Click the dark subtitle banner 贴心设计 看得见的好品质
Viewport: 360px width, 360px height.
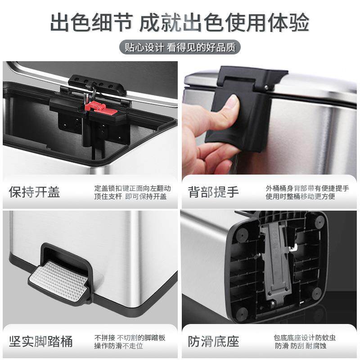[180, 47]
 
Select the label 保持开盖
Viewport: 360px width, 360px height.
[35, 192]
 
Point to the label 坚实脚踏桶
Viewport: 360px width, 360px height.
[41, 341]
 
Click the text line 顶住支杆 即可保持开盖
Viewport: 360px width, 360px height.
[130, 197]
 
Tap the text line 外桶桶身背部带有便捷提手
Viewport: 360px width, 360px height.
[307, 188]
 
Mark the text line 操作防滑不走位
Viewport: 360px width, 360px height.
[118, 346]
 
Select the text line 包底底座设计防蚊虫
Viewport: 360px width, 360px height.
[305, 337]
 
